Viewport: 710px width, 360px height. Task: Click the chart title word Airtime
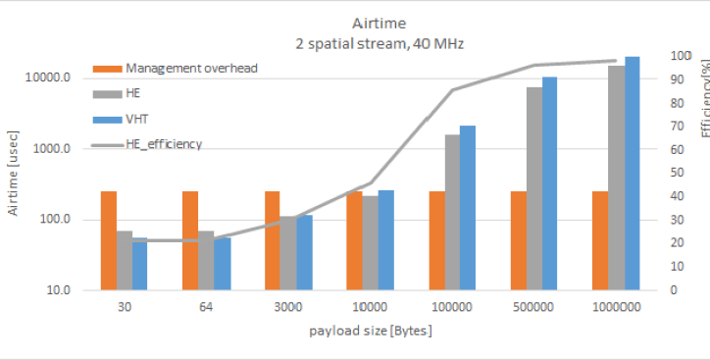(379, 24)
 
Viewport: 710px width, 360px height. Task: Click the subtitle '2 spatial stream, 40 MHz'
(380, 44)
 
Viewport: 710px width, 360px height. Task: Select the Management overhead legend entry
(176, 69)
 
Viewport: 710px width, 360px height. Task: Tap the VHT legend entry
(121, 120)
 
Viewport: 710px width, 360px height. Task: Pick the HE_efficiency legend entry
(147, 144)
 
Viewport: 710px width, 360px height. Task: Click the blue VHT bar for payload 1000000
(633, 174)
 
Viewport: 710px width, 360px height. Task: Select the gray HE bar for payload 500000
(534, 188)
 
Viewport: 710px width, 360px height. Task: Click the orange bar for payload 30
(109, 240)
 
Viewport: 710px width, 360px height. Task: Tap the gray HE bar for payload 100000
(453, 213)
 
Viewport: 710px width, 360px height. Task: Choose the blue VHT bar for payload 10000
(385, 240)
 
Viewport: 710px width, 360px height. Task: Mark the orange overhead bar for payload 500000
(519, 240)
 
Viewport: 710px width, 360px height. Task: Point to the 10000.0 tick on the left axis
(48, 77)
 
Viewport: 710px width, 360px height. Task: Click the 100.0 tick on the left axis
(56, 220)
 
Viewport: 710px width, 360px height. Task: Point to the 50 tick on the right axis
(677, 173)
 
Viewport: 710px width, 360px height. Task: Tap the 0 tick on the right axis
(674, 289)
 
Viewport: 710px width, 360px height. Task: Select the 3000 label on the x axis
(288, 307)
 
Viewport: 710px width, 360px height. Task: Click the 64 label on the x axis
(206, 307)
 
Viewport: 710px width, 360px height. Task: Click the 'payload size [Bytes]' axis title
(371, 331)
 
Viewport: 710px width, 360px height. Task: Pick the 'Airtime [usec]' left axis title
(13, 173)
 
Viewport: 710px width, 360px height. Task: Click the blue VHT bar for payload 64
(223, 264)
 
